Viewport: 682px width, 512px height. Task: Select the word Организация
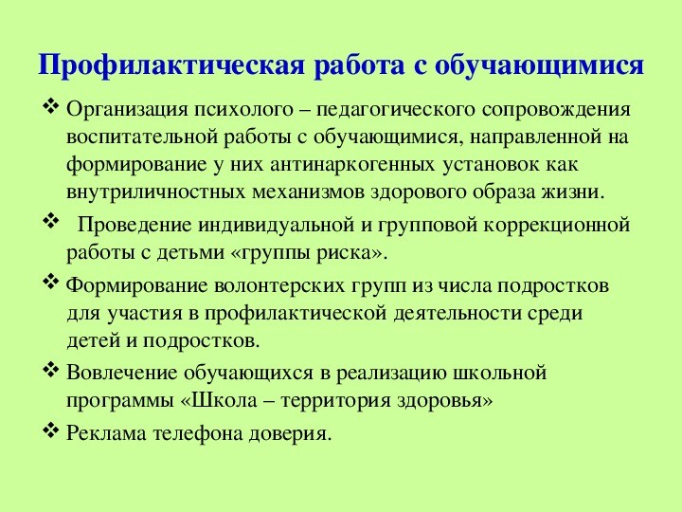(127, 109)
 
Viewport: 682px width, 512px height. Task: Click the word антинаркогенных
(352, 165)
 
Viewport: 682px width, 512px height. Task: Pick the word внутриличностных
(155, 192)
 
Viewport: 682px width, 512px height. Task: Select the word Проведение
(135, 225)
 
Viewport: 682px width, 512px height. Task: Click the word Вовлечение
(121, 374)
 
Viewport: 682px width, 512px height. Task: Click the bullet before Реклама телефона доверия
(51, 431)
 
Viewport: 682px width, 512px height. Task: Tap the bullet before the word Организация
(51, 106)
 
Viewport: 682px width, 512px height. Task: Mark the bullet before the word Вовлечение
(51, 371)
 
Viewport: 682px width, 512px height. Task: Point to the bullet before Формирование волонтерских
(51, 283)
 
